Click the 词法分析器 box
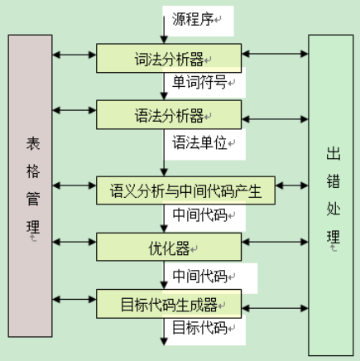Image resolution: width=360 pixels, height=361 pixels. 170,58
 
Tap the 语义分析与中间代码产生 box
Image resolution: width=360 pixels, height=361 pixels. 185,190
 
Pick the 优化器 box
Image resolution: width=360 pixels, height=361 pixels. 170,247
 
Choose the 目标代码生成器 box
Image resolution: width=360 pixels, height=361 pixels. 170,302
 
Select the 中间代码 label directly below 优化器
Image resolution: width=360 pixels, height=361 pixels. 199,273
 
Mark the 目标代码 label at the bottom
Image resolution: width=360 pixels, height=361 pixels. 199,329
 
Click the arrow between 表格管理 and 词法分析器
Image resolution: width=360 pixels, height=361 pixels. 74,55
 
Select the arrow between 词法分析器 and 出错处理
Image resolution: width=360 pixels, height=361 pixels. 274,55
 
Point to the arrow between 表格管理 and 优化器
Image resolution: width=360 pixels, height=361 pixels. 74,245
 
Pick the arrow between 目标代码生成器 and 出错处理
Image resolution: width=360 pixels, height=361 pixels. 274,302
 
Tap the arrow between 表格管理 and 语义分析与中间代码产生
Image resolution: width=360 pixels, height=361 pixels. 74,190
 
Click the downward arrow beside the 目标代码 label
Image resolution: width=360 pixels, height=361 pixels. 166,331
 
